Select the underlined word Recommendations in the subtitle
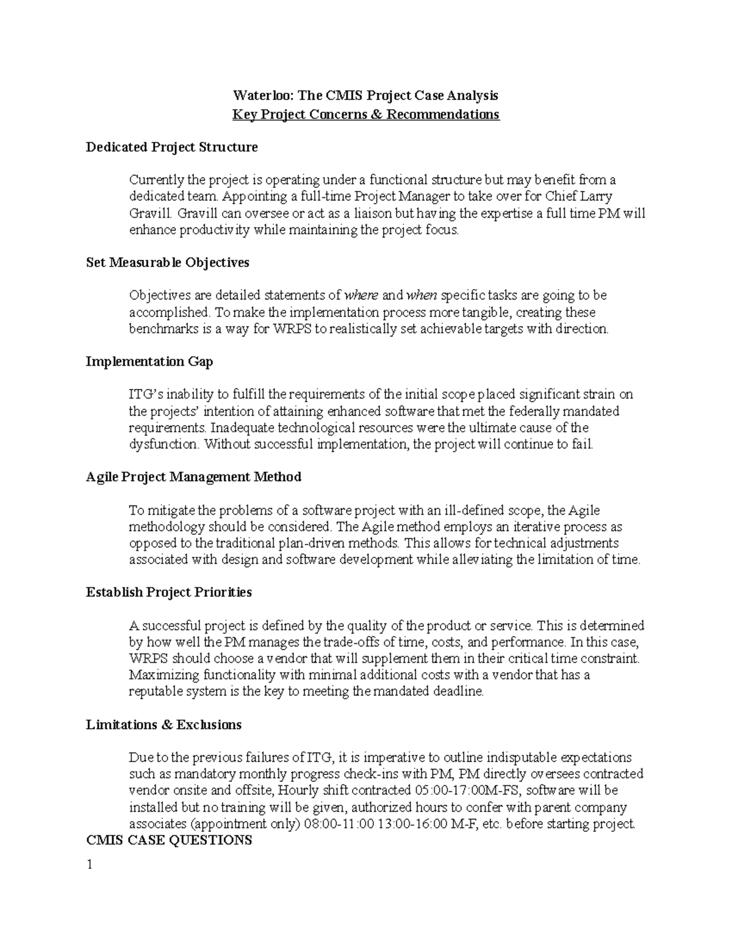click(x=450, y=115)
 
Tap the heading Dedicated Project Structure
click(x=171, y=148)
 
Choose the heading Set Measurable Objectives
click(x=167, y=263)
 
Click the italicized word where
click(x=361, y=296)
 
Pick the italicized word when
click(x=422, y=296)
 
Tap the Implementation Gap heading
click(x=149, y=362)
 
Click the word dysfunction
click(x=163, y=445)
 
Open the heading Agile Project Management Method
click(x=193, y=477)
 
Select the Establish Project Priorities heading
click(x=168, y=593)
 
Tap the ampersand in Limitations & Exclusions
click(x=167, y=725)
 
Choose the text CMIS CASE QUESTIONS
click(x=169, y=841)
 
